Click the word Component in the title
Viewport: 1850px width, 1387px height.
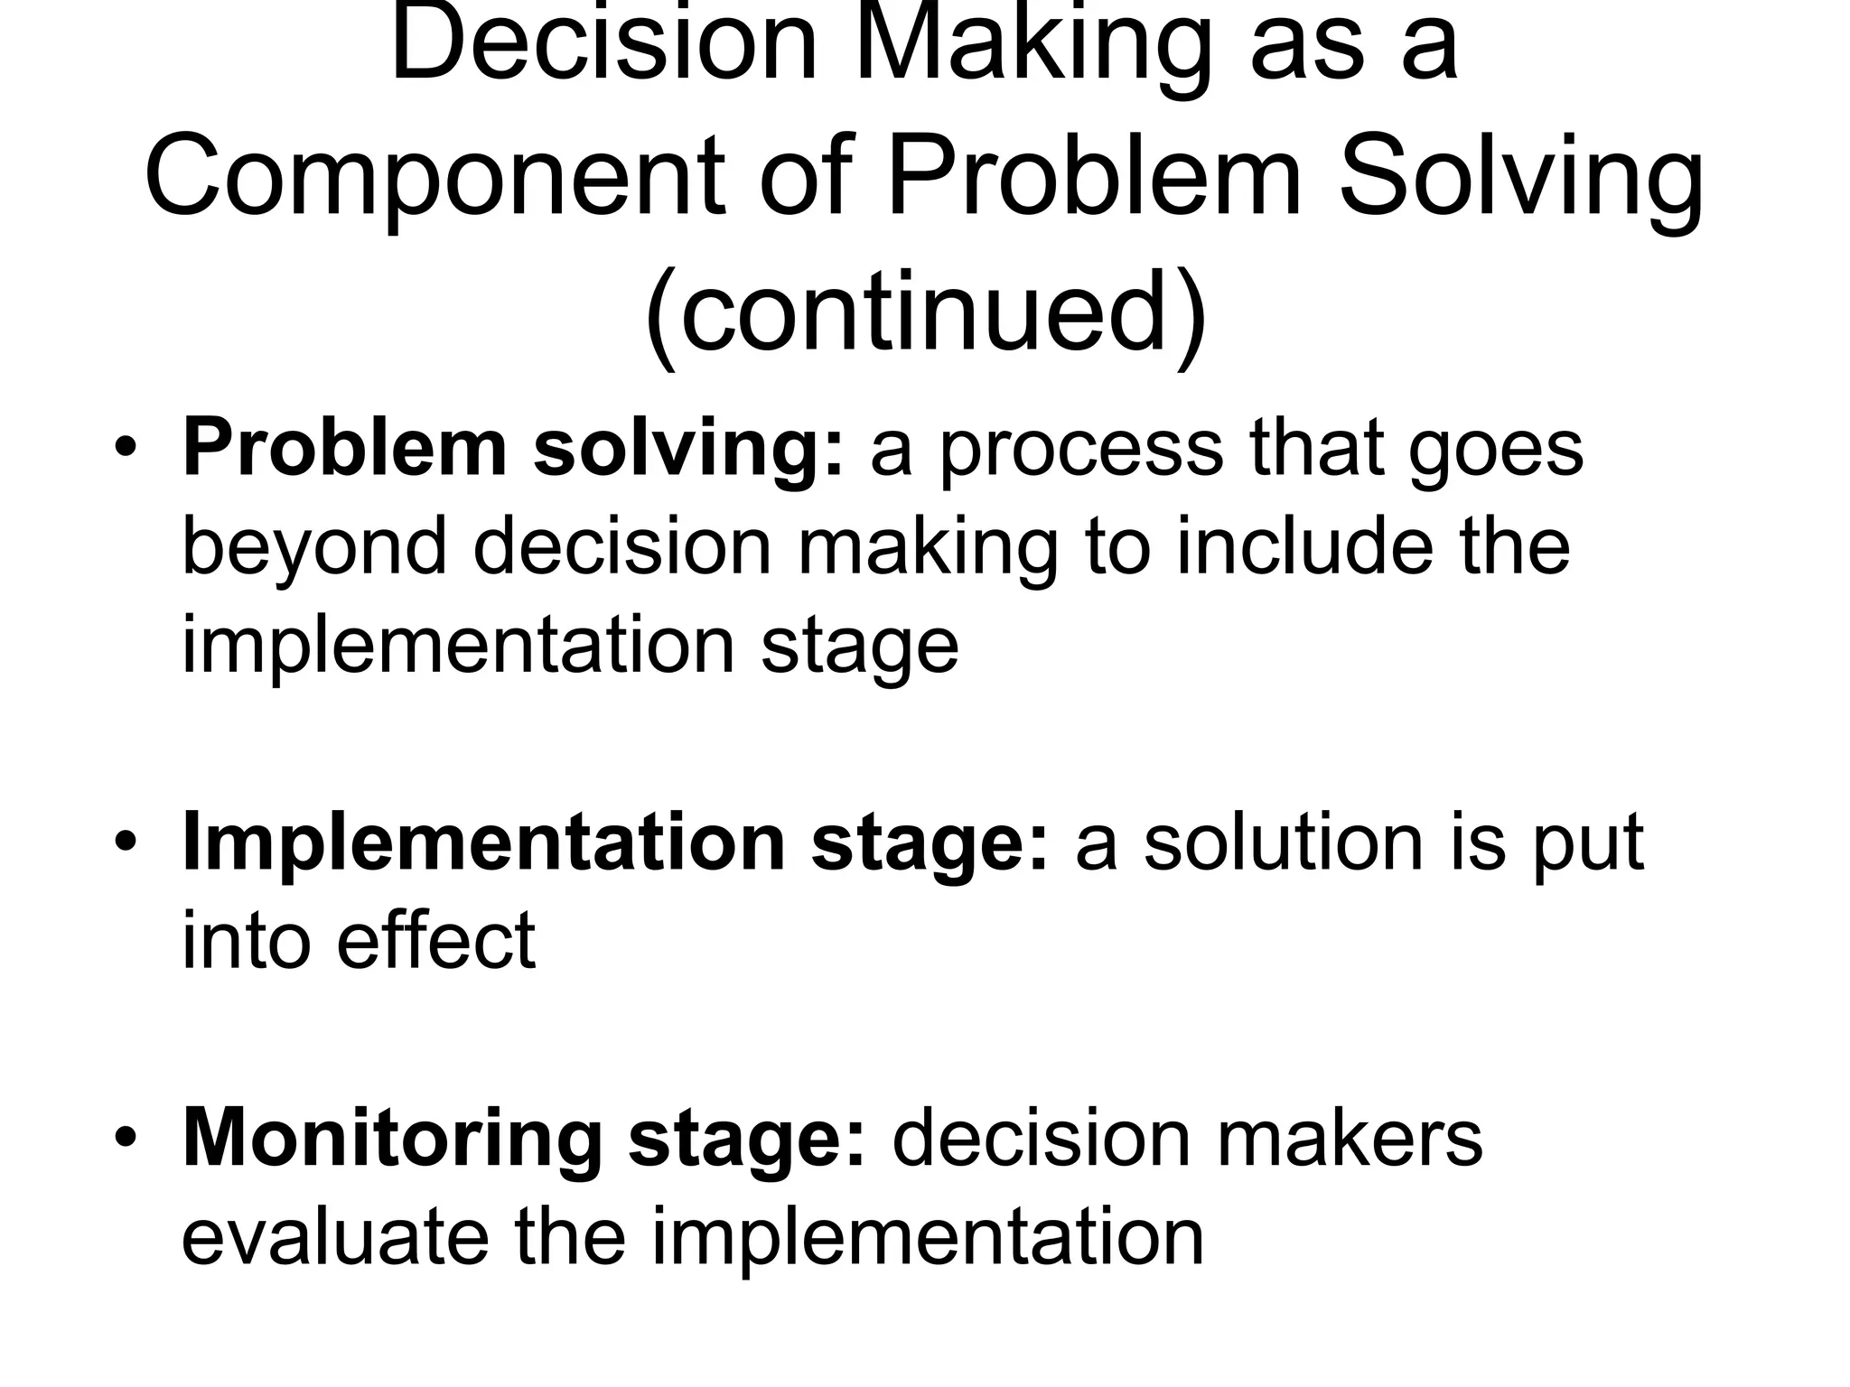(x=434, y=177)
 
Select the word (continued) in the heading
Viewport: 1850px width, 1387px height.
(x=925, y=312)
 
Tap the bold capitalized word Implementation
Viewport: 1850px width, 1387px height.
(x=483, y=842)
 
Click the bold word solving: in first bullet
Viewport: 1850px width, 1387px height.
(x=687, y=450)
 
